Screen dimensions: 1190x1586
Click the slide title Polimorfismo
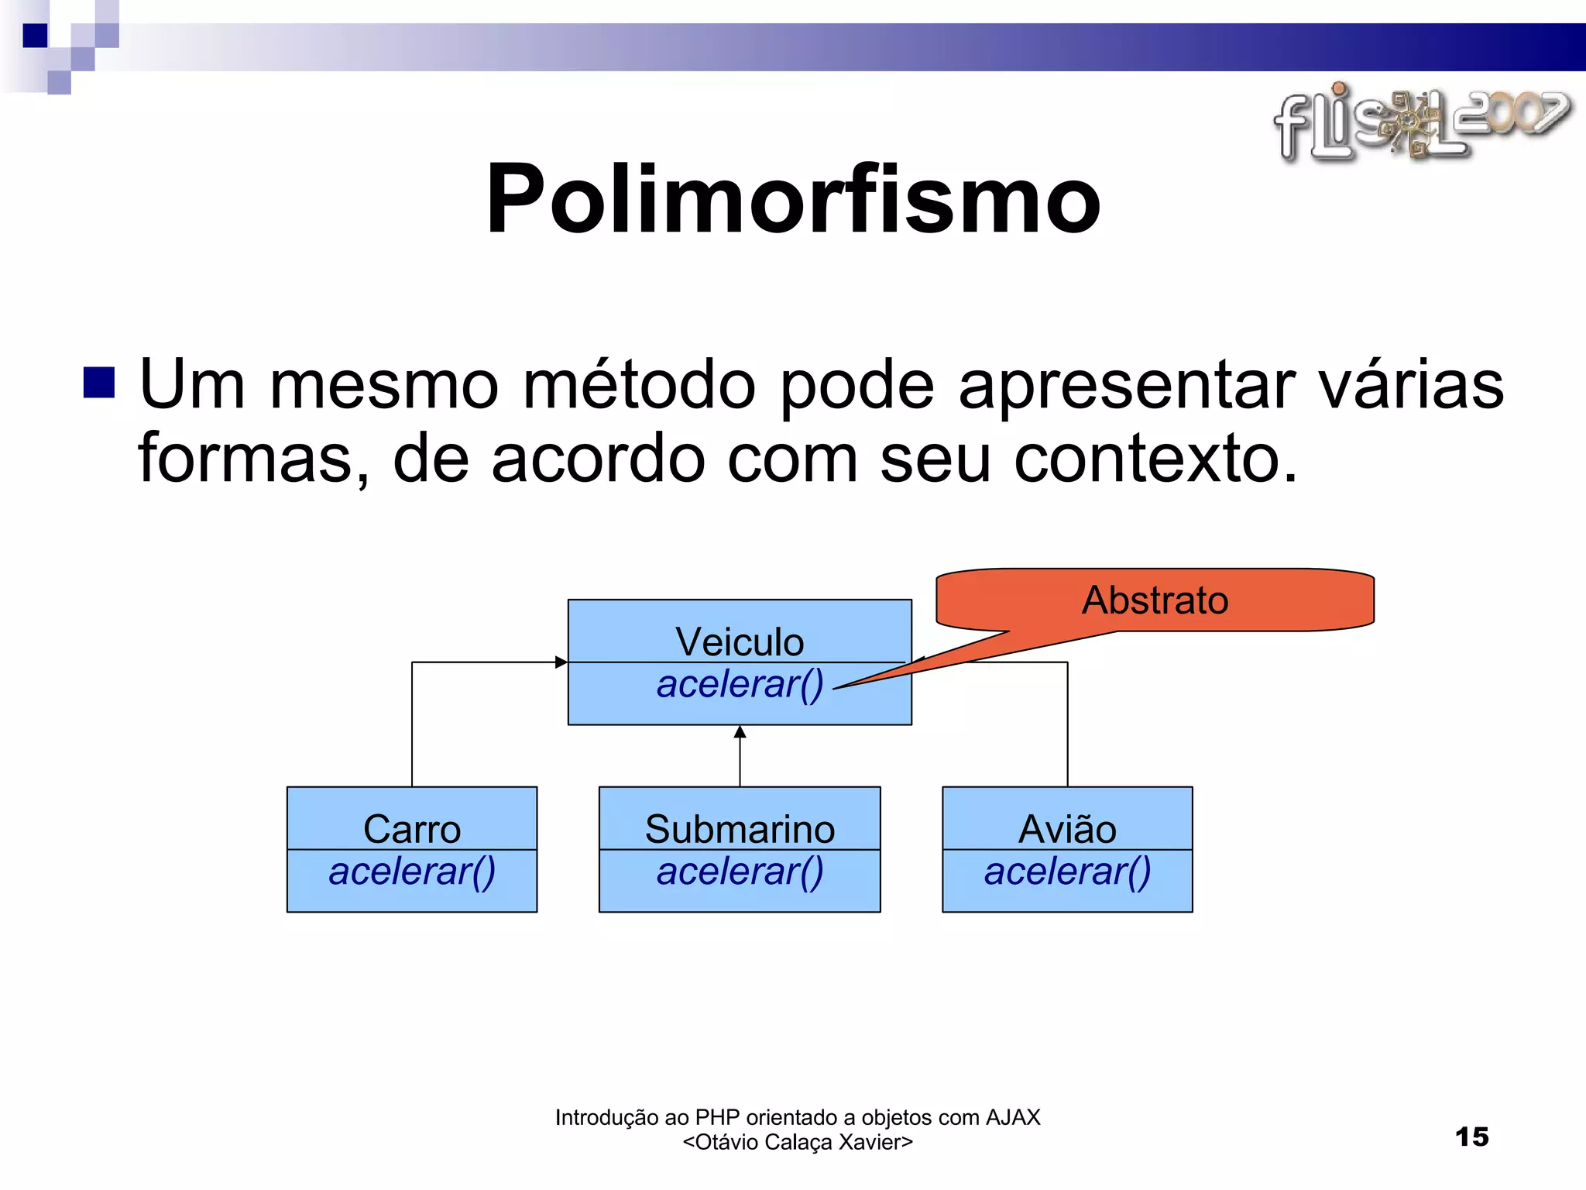click(792, 199)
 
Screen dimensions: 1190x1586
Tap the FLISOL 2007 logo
click(1421, 124)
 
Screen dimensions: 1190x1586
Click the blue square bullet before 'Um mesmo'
click(99, 383)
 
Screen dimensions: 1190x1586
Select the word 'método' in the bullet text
click(639, 385)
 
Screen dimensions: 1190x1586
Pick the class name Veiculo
click(740, 641)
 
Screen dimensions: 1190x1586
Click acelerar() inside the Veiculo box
click(740, 684)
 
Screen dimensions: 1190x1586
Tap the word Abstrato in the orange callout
click(1155, 600)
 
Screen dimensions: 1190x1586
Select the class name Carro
click(412, 829)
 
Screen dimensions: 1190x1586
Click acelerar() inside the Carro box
click(412, 872)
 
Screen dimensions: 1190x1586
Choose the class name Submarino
click(740, 829)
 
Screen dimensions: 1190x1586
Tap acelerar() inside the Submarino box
click(740, 872)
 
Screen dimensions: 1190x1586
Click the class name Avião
click(1067, 829)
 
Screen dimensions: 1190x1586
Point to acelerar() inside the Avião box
click(1067, 872)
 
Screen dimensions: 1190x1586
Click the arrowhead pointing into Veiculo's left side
click(561, 662)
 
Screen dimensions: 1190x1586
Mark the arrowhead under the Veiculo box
click(740, 732)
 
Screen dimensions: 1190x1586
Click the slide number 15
click(1471, 1137)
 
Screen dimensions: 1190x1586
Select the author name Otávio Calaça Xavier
click(798, 1142)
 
